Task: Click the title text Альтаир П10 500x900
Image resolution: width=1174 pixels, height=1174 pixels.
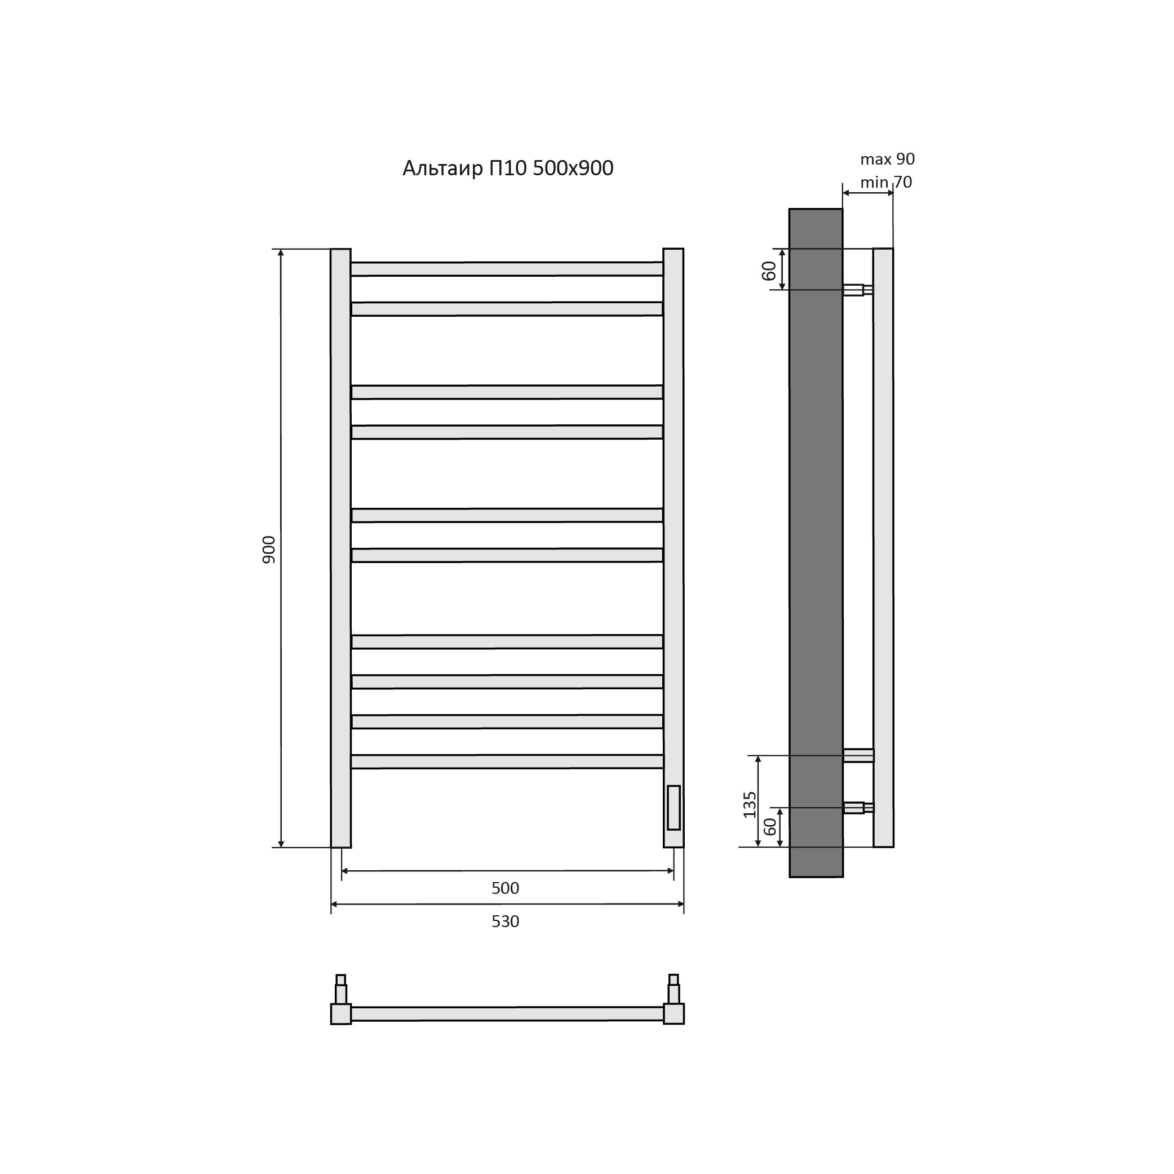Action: [508, 169]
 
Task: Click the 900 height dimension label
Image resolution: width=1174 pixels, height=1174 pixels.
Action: [269, 550]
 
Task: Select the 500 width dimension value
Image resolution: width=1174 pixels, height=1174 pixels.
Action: [506, 888]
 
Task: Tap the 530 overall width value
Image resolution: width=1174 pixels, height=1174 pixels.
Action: [506, 922]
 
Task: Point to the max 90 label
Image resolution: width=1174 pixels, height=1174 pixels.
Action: [887, 159]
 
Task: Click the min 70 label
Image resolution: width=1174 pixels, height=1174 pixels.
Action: [886, 182]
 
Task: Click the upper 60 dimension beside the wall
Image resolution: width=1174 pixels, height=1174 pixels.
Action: [769, 271]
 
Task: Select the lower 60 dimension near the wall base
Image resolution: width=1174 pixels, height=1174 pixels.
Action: [770, 826]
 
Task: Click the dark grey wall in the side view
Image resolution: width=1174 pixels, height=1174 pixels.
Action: [816, 543]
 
